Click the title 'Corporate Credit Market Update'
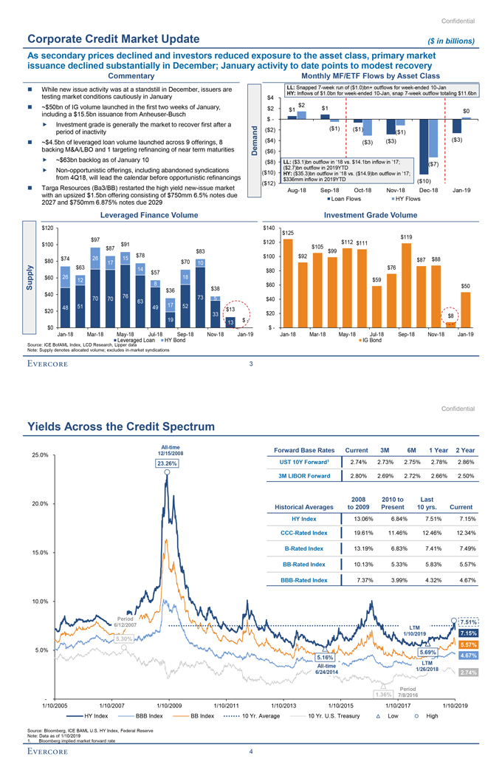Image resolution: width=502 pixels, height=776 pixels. (112, 39)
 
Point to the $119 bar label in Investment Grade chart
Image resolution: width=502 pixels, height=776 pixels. (406, 236)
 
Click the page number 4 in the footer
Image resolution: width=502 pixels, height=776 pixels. (251, 752)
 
